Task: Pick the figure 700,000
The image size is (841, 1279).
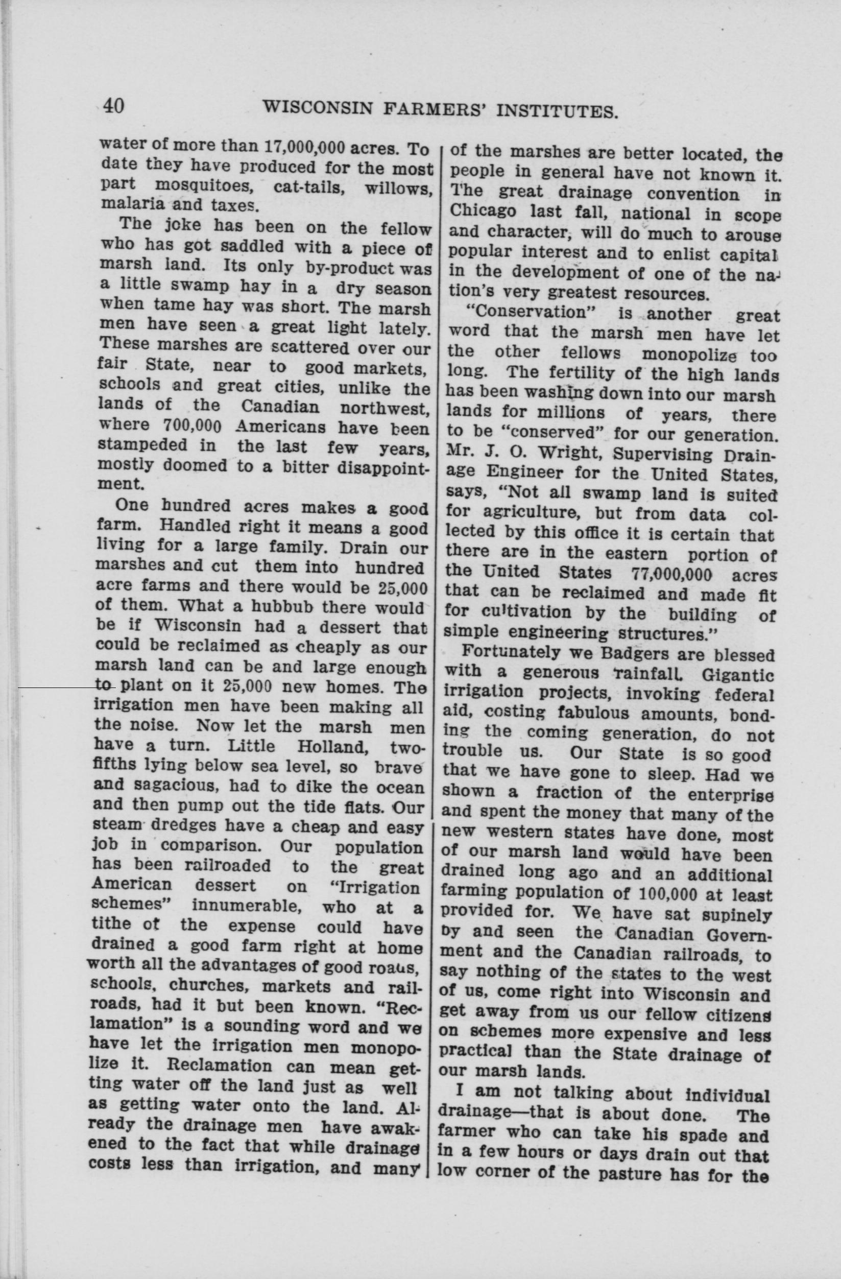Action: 191,427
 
